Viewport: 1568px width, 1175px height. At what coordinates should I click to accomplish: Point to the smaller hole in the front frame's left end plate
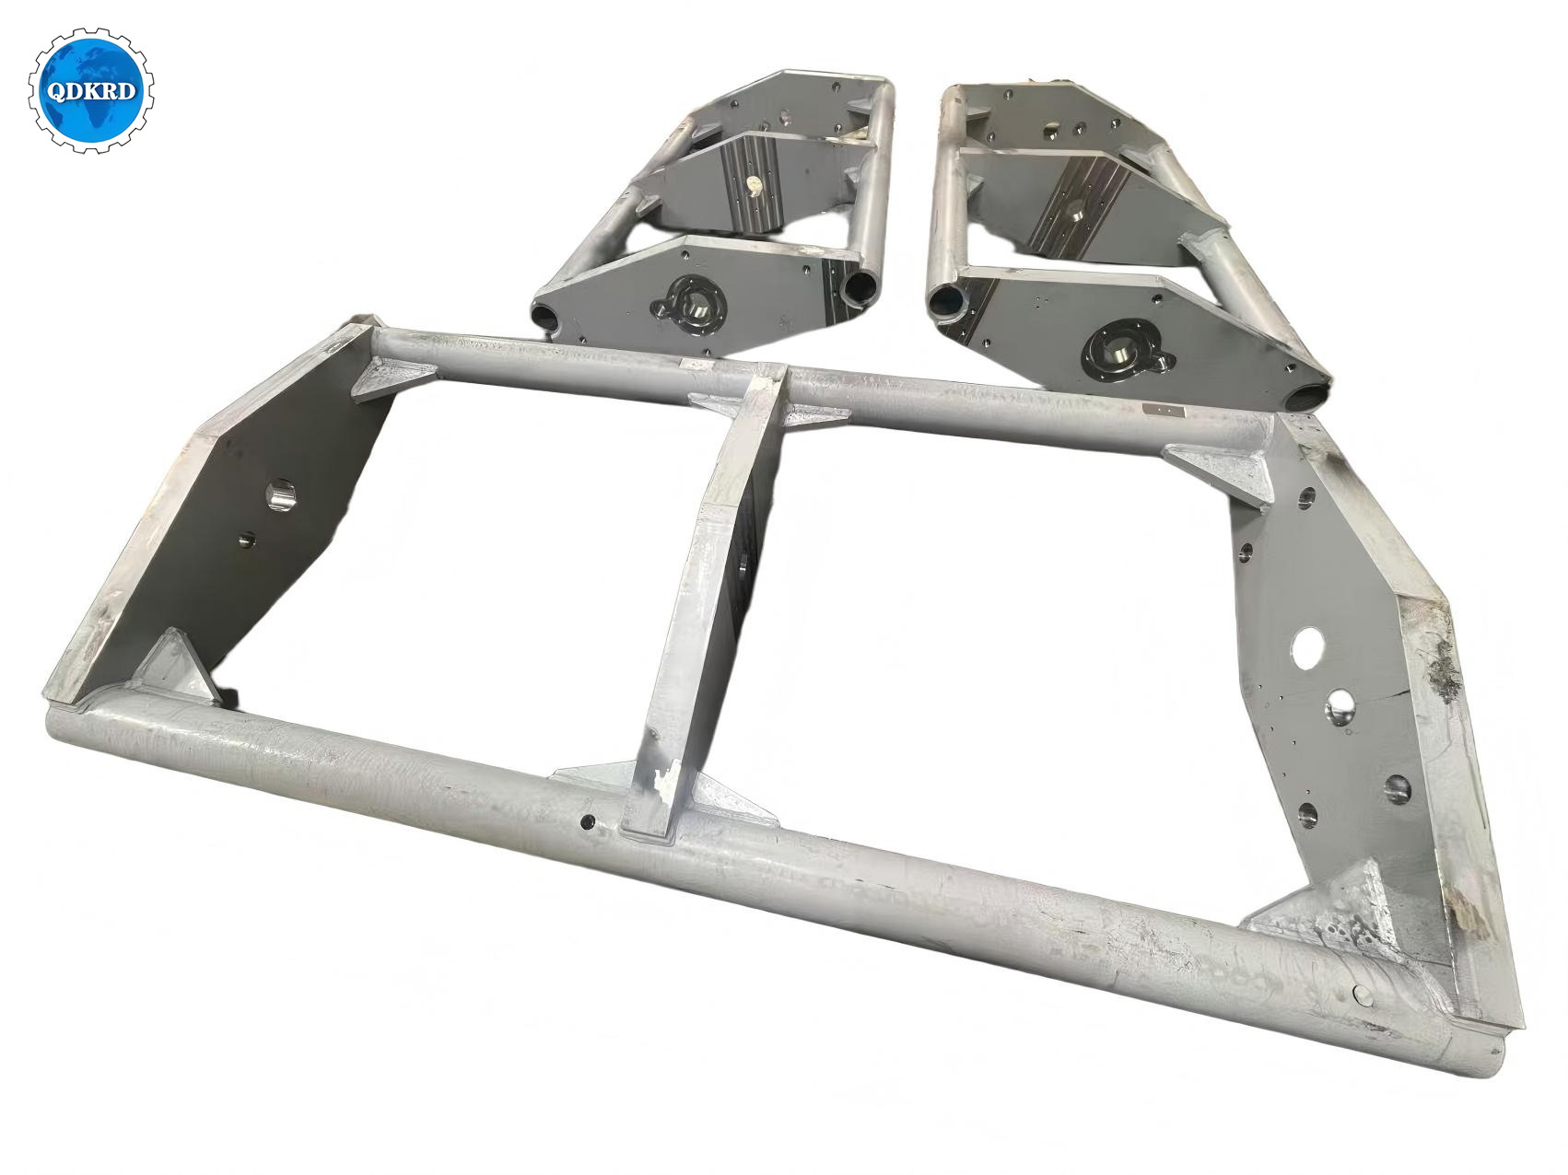pos(245,539)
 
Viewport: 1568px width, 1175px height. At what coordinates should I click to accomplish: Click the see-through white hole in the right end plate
pos(1307,647)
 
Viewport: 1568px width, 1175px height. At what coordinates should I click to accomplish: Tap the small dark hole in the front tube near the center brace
pos(587,820)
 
